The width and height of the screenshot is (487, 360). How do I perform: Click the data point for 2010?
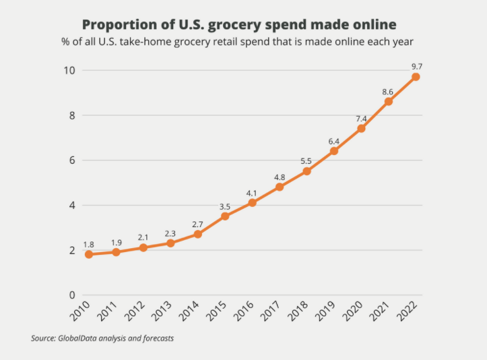click(x=89, y=254)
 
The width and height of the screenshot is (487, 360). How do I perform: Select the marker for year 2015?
click(x=225, y=216)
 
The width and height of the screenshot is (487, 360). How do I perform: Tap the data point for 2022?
click(x=416, y=77)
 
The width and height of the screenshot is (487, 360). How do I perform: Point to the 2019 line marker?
click(x=333, y=151)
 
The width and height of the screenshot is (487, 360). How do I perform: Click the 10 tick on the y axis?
click(x=69, y=71)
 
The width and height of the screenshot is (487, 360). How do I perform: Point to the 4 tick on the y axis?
click(x=71, y=205)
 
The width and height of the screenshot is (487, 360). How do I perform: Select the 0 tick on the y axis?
click(x=71, y=295)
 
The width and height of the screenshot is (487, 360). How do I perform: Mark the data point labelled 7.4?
click(x=361, y=128)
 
